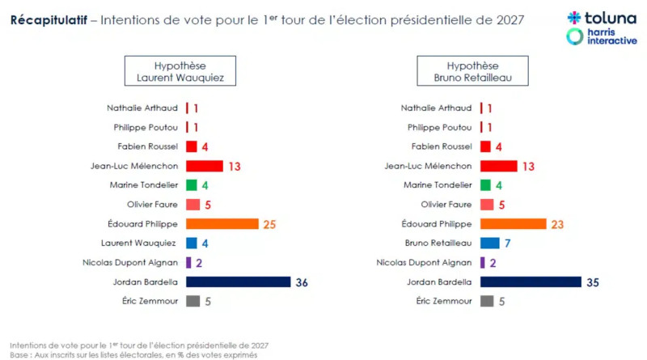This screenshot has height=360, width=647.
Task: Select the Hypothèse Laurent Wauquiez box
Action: point(180,71)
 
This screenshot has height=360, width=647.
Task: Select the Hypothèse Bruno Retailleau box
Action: point(472,71)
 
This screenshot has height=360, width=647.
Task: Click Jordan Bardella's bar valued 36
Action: point(238,282)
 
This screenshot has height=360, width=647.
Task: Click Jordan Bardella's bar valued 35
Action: point(531,282)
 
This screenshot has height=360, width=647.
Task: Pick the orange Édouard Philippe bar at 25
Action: point(222,223)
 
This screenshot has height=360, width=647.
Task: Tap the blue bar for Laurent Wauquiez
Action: point(192,243)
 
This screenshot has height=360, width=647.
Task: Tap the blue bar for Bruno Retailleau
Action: point(489,243)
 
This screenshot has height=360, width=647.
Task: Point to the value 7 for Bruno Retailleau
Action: point(507,243)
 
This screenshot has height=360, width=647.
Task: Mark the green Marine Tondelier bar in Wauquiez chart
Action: point(192,185)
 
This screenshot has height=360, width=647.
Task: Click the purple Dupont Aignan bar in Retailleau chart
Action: point(483,262)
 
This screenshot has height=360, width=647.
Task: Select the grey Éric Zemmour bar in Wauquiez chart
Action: point(192,301)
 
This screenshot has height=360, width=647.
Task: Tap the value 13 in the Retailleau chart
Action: point(528,166)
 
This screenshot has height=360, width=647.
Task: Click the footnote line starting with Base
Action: point(133,354)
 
